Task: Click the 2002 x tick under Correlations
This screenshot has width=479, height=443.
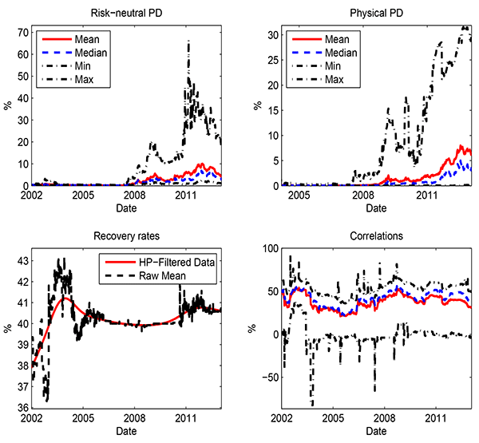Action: click(282, 418)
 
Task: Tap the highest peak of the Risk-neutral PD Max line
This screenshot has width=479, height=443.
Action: click(188, 42)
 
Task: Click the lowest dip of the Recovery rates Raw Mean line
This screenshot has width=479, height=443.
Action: click(47, 400)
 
